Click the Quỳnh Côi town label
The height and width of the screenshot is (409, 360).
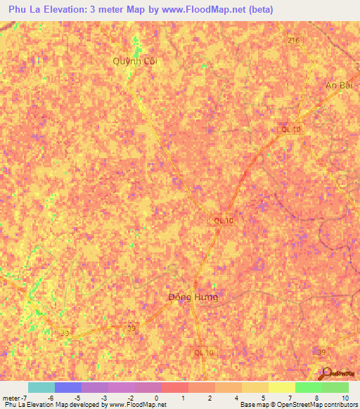[136, 61]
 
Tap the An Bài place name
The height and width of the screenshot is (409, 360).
[337, 85]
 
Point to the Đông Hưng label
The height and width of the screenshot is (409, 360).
[193, 297]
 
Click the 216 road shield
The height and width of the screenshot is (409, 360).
[293, 41]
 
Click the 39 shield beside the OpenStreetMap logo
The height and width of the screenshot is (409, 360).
[322, 351]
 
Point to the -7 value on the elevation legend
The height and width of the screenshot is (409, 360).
[25, 397]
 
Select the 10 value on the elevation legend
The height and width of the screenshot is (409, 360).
[345, 397]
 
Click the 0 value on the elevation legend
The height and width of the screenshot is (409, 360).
[155, 397]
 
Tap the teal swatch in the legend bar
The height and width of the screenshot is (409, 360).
[41, 387]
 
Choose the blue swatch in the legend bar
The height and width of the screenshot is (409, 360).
[68, 387]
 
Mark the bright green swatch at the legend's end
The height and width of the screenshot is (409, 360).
[335, 387]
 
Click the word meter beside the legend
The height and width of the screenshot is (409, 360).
[11, 397]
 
